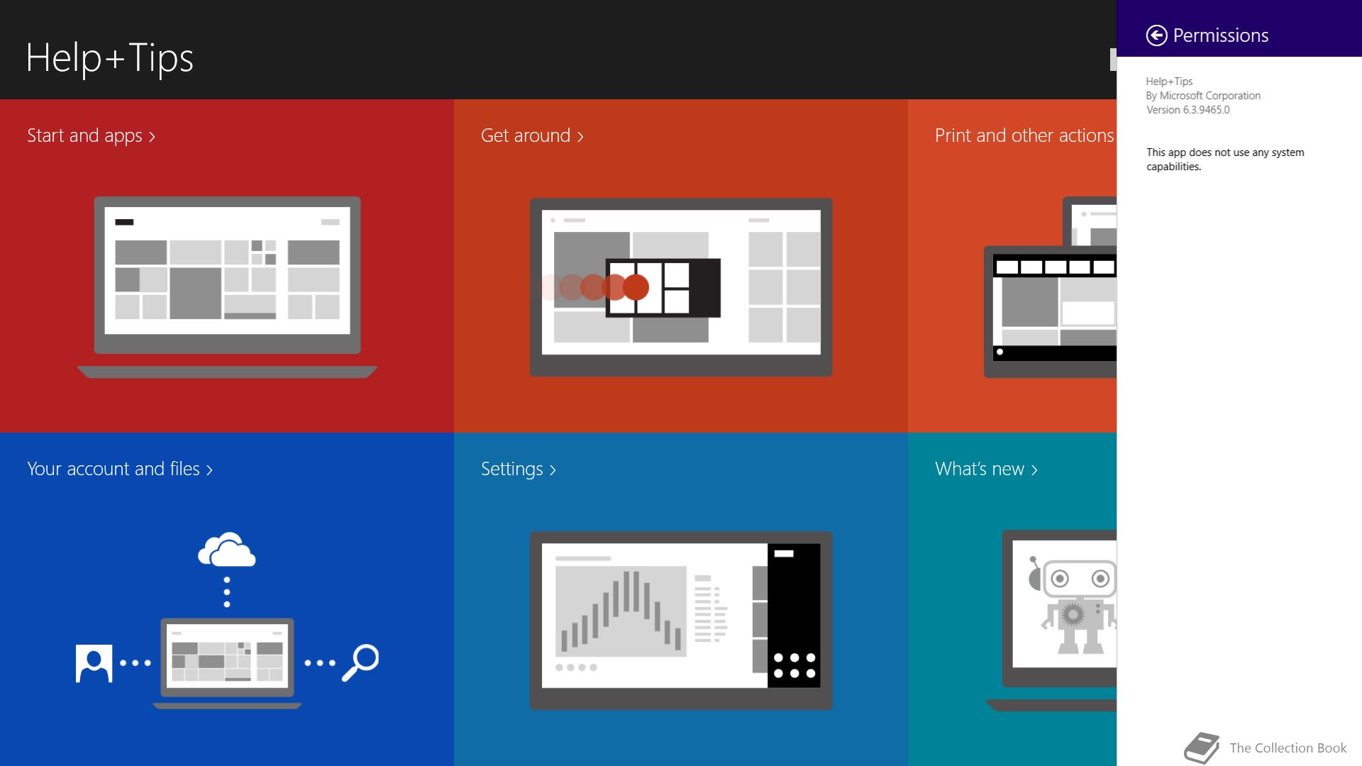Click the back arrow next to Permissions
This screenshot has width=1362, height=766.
coord(1156,35)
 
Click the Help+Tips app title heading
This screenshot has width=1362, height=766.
coord(110,57)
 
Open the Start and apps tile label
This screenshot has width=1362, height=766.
coord(91,135)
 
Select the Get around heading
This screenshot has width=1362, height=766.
coord(532,135)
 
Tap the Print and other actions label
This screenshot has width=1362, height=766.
coord(1024,135)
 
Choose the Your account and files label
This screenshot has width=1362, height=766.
coord(120,469)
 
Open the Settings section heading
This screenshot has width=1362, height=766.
coord(519,469)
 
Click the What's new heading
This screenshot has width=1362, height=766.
coord(986,469)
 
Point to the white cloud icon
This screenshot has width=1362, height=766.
coord(227,550)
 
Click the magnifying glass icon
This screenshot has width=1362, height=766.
coord(360,662)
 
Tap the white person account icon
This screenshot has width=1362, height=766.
coord(94,663)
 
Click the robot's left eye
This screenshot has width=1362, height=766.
coord(1060,579)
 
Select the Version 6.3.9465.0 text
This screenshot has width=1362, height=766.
coord(1188,110)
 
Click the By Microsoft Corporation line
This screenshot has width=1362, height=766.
coord(1203,96)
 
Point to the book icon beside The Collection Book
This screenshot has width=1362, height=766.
coord(1202,748)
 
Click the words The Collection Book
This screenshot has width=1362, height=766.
coord(1288,748)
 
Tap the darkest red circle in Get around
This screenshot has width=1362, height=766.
coord(636,287)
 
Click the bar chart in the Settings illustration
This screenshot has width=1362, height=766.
coord(621,611)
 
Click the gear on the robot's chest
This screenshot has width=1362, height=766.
coord(1073,614)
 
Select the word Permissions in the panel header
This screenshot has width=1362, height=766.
coord(1221,35)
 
